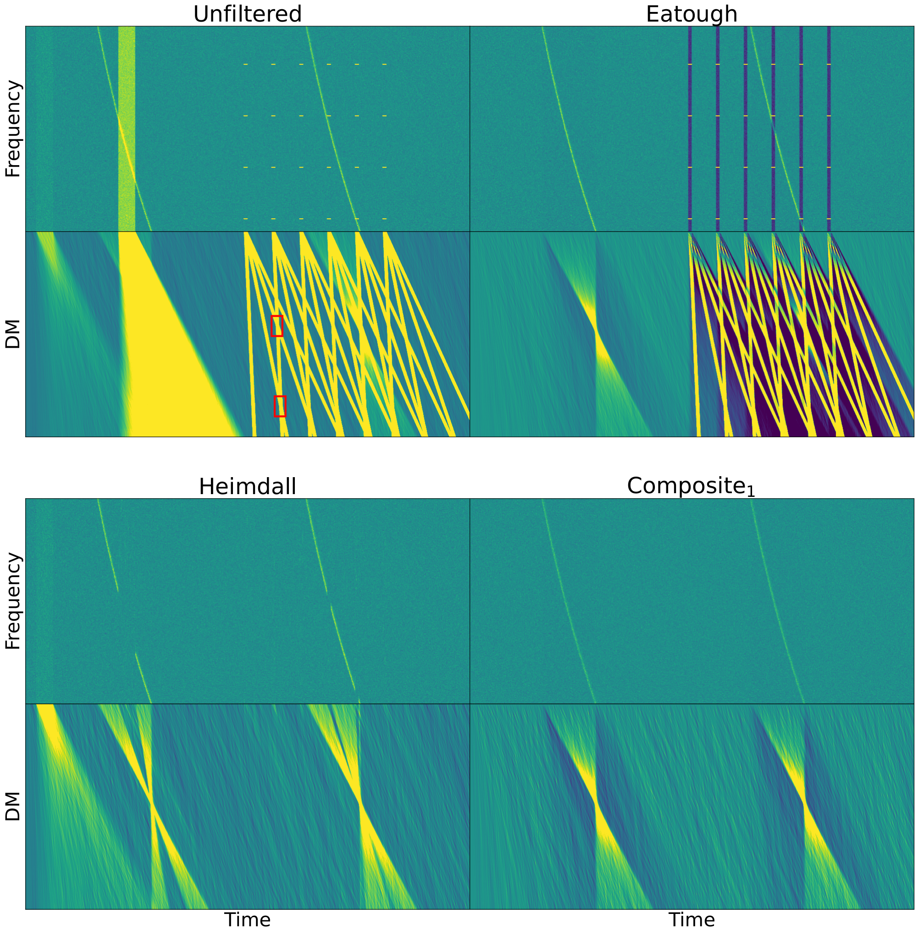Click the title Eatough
(x=692, y=15)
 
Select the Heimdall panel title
(x=247, y=486)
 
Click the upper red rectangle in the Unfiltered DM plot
(x=277, y=326)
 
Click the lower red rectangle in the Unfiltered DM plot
(x=280, y=406)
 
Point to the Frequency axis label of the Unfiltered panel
(x=13, y=129)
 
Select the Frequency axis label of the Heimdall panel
(x=13, y=601)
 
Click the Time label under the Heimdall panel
(x=248, y=919)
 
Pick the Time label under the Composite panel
(x=692, y=919)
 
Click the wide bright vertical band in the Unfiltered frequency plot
(x=127, y=129)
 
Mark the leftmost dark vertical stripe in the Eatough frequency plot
(x=690, y=129)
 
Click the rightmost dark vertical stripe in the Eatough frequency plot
(x=829, y=129)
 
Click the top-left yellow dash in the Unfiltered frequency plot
(x=246, y=64)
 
